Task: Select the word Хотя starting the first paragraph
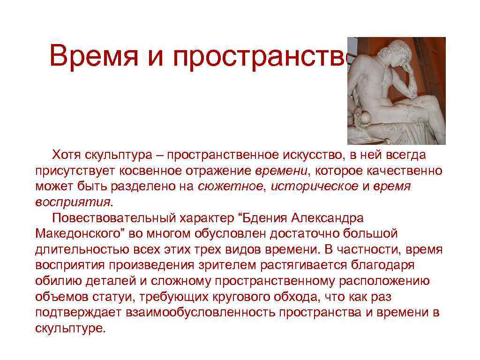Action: (x=66, y=155)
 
